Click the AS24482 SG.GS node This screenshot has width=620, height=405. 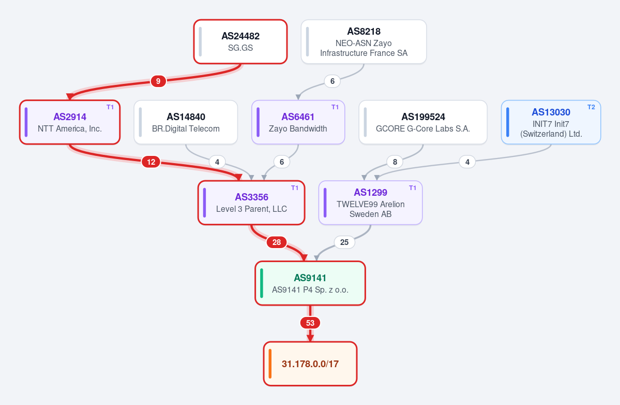(240, 41)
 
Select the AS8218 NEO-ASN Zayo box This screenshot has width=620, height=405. (364, 41)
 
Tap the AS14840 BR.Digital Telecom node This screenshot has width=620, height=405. (186, 122)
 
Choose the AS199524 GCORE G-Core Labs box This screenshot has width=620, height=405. (422, 122)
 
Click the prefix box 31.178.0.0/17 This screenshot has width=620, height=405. (310, 364)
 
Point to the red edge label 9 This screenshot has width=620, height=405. (158, 81)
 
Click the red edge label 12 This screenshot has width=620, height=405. (151, 162)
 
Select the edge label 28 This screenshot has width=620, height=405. (277, 242)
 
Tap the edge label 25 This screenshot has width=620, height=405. (344, 242)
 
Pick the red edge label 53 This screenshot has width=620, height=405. (310, 323)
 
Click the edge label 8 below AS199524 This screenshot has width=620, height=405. (395, 162)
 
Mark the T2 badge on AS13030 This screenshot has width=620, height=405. (591, 107)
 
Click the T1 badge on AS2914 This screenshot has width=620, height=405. (110, 107)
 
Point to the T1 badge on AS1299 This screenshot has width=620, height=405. (413, 188)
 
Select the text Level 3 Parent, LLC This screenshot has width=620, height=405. (251, 209)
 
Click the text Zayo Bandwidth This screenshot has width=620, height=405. (298, 128)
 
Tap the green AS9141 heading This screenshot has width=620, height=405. (310, 278)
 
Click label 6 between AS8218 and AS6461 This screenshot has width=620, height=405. (332, 81)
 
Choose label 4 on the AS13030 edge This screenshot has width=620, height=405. (467, 162)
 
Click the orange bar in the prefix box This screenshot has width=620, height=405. (270, 364)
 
